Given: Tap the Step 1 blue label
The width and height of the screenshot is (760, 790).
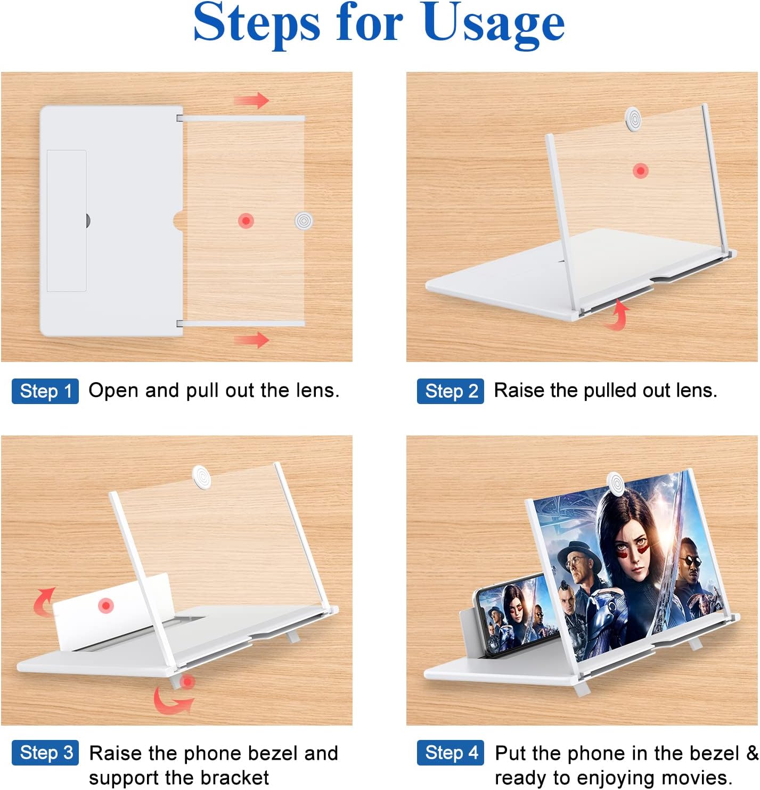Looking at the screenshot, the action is coord(45,391).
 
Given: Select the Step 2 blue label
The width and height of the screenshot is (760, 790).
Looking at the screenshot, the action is coord(450,391).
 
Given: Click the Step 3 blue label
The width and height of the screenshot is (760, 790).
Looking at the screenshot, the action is coord(45,752).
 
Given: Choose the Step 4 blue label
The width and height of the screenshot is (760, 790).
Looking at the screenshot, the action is coord(450,752).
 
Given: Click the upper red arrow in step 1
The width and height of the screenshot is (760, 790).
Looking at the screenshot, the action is coord(251,100).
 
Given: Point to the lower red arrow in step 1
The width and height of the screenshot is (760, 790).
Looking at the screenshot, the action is coord(251,340).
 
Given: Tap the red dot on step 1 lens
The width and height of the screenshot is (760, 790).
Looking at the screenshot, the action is coord(246,221).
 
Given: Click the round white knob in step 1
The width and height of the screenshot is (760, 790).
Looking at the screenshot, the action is coord(304,221).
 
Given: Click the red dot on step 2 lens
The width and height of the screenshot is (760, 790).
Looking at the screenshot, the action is coord(641,170).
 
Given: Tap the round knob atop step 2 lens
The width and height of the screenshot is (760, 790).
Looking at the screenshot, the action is coord(633,119).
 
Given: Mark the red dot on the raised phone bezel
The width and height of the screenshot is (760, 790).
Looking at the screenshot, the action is coord(106,606).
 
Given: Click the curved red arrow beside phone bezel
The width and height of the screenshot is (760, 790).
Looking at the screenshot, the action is coord(43,602).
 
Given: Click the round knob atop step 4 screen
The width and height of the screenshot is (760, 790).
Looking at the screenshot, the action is coord(616,483).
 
